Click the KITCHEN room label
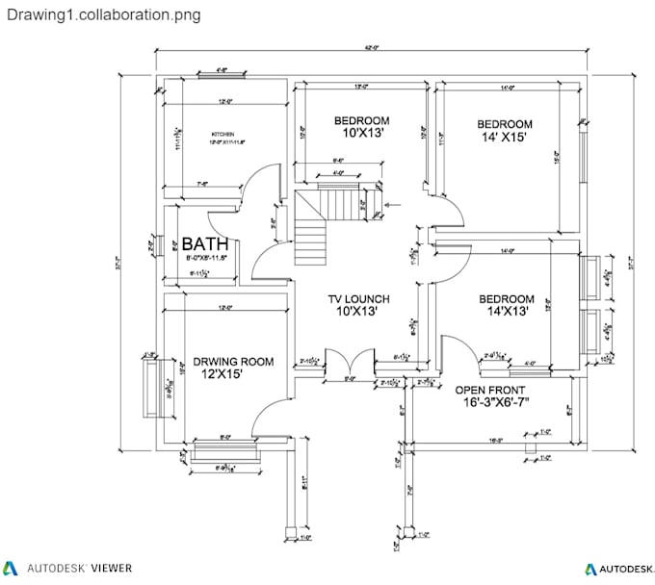(x=223, y=135)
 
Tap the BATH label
(x=205, y=242)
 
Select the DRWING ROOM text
(x=232, y=362)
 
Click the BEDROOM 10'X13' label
(x=361, y=120)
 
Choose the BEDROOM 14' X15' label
(x=505, y=124)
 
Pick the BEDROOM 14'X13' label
(x=507, y=299)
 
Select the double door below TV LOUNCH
(x=349, y=362)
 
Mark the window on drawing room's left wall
(x=150, y=389)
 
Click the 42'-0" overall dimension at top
(x=370, y=47)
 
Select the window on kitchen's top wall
(x=222, y=75)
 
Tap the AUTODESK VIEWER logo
(x=68, y=569)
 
